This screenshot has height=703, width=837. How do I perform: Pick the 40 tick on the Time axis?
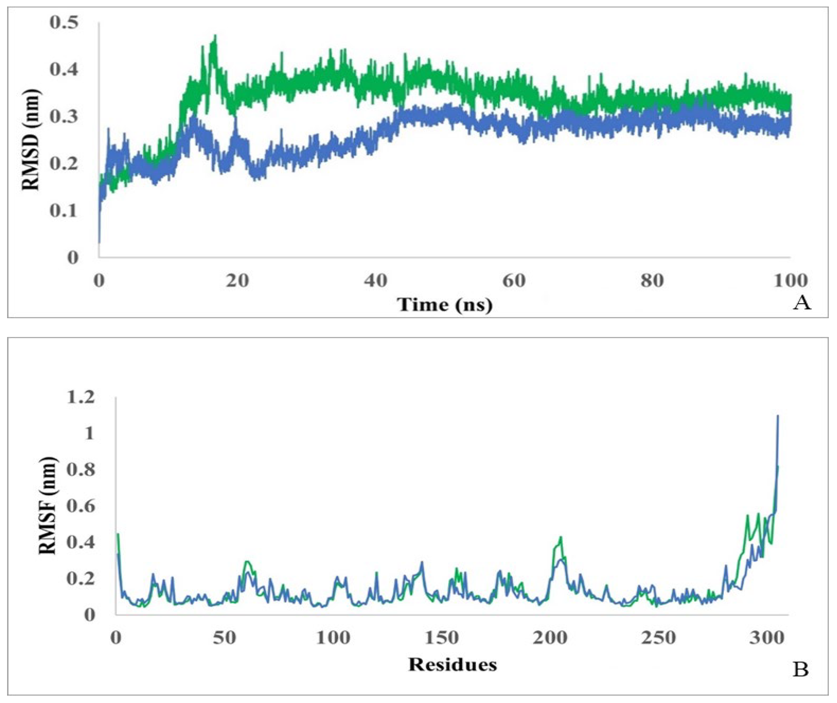point(376,281)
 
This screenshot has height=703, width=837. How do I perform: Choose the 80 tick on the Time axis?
point(652,281)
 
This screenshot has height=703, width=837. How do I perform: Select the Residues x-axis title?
point(452,665)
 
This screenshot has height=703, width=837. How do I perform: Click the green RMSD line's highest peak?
point(215,36)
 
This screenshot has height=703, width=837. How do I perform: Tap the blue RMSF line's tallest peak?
point(778,416)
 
